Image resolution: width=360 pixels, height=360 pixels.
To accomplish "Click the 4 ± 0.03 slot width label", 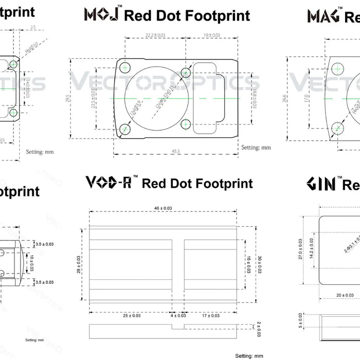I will [178, 315].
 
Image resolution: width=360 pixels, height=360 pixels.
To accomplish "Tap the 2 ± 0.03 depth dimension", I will [258, 325].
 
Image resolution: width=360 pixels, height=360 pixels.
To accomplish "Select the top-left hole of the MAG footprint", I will [337, 67].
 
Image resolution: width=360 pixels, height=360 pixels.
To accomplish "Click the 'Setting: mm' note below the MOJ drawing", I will [256, 148].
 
